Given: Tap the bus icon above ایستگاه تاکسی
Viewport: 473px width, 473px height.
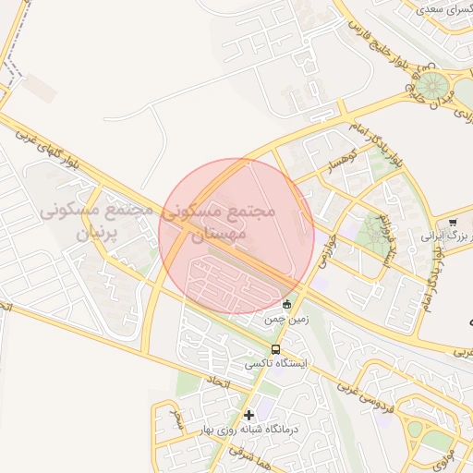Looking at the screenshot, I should (x=275, y=349).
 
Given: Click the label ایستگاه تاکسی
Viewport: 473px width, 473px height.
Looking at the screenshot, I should (x=275, y=366).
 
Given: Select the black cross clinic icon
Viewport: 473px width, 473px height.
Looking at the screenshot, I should (x=249, y=415).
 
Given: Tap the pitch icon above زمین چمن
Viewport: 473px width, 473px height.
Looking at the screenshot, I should (x=286, y=304).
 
